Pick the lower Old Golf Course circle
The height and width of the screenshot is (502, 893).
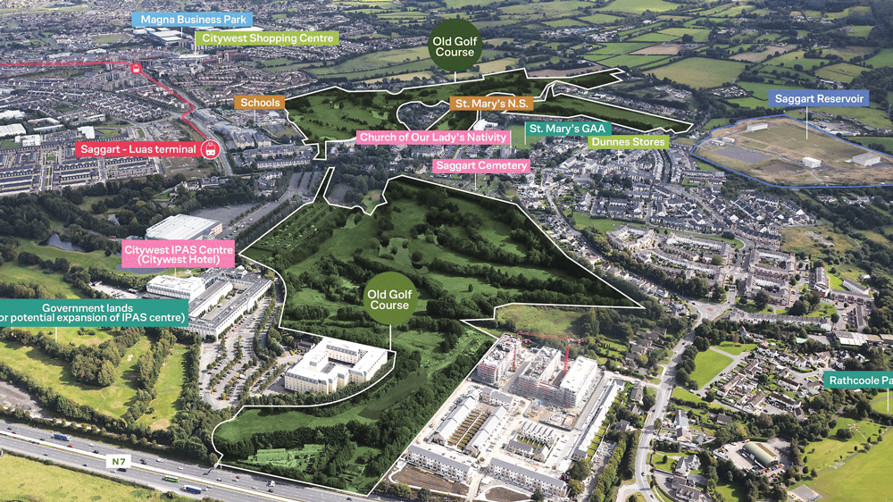click(x=390, y=299)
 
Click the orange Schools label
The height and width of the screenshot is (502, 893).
click(x=260, y=103)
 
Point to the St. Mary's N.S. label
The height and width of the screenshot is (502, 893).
click(x=492, y=105)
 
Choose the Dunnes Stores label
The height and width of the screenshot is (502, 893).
click(x=628, y=142)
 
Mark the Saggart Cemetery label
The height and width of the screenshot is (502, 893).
click(x=475, y=165)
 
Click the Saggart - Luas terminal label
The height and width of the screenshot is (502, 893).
click(x=137, y=149)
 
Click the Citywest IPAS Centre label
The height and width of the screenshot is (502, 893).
click(x=179, y=255)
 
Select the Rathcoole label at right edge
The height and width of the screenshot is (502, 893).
click(x=858, y=381)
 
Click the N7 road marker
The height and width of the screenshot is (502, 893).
click(x=117, y=462)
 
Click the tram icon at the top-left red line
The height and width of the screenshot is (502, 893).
click(x=136, y=68)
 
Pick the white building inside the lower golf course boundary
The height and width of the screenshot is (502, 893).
click(x=335, y=364)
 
